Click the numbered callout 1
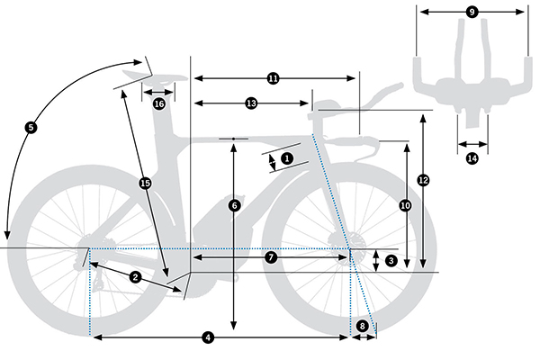pos(287,157)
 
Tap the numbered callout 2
pos(135,276)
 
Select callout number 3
pos(391,260)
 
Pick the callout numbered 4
pos(209,337)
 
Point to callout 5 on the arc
pos(31,128)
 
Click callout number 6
pos(234,205)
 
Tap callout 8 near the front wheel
pos(363,326)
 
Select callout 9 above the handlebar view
pos(472,12)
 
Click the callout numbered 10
pos(405,206)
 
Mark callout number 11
pos(274,79)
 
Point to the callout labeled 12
pos(423,180)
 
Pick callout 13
pos(251,104)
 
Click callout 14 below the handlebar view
pos(472,158)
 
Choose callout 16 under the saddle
pos(158,104)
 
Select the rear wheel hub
pos(89,247)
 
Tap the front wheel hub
pos(349,247)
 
